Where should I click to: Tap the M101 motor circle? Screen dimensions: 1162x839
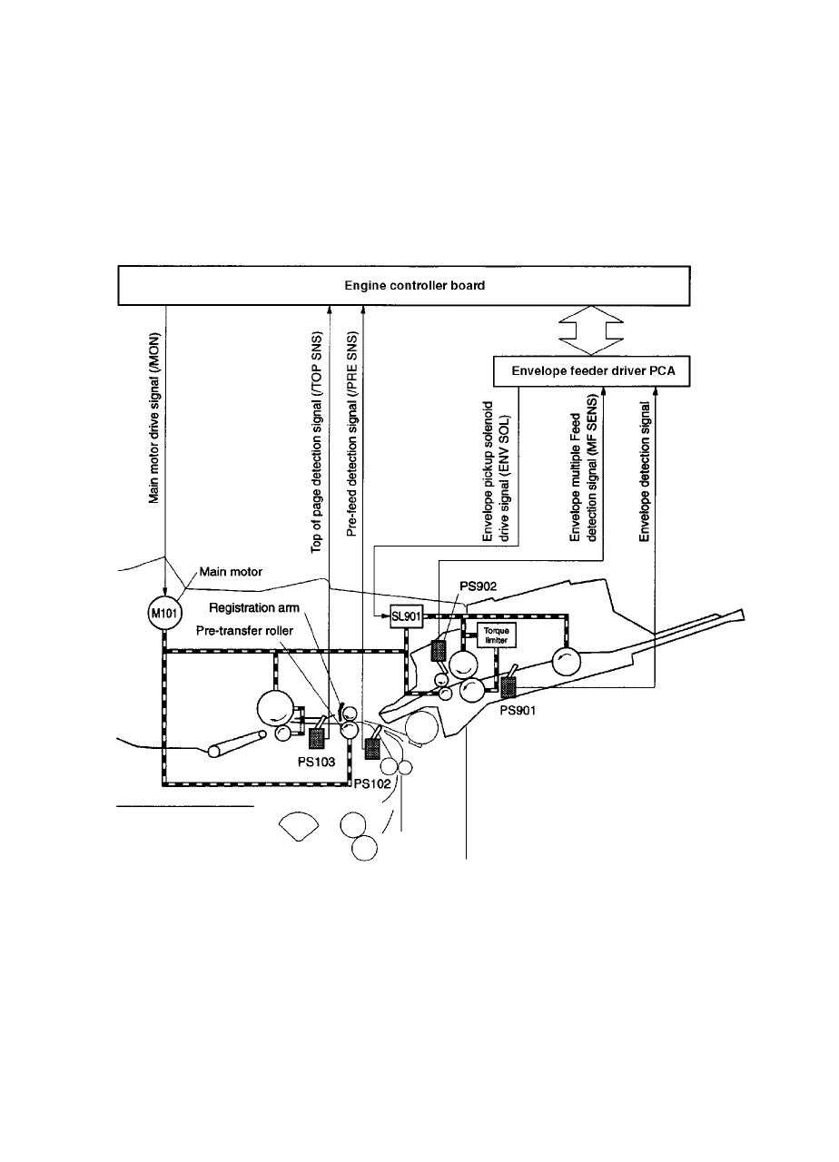pyautogui.click(x=163, y=615)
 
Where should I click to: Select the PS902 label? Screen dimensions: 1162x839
pyautogui.click(x=479, y=587)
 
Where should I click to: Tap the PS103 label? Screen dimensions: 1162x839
pyautogui.click(x=318, y=763)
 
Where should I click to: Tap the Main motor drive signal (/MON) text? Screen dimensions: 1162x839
pyautogui.click(x=154, y=417)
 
